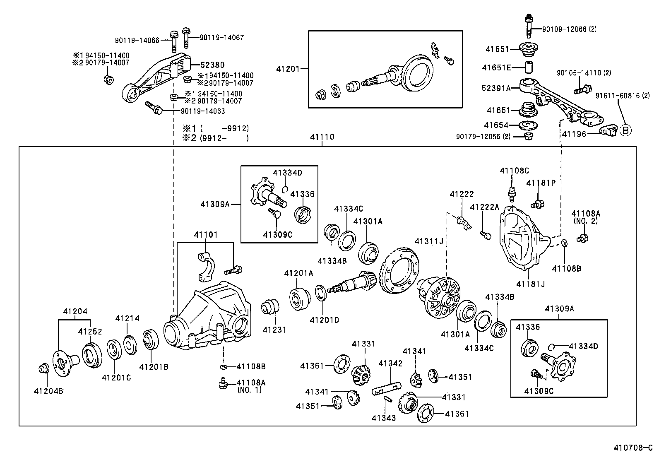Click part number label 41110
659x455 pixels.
322,137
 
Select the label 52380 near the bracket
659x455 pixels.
212,65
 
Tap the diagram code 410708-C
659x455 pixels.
635,448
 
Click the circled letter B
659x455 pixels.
625,131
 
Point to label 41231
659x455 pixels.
274,330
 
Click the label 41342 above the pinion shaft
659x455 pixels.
390,364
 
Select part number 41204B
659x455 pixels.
48,391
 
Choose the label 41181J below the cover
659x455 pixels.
530,284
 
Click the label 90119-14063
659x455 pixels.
203,111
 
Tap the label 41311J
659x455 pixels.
429,241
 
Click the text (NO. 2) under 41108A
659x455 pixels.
585,221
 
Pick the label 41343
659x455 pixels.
384,418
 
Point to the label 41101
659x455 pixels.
205,235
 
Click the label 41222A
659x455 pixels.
484,207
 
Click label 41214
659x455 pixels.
127,318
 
